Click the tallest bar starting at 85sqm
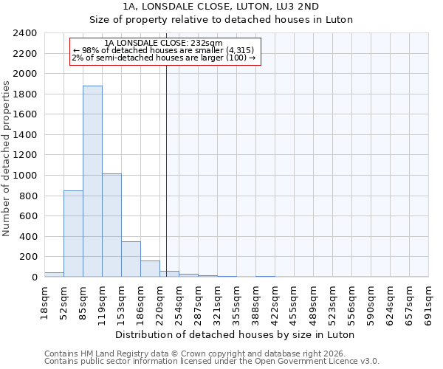coord(92,182)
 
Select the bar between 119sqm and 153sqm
coord(111,225)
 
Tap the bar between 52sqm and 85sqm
coord(73,233)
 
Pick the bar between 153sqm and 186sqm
coord(131,259)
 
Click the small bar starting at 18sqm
coord(54,275)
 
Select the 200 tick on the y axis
coord(28,257)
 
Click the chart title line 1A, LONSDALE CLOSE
coord(221,7)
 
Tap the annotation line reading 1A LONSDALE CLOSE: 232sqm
coord(164,44)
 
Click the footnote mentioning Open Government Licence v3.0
coord(212,362)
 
